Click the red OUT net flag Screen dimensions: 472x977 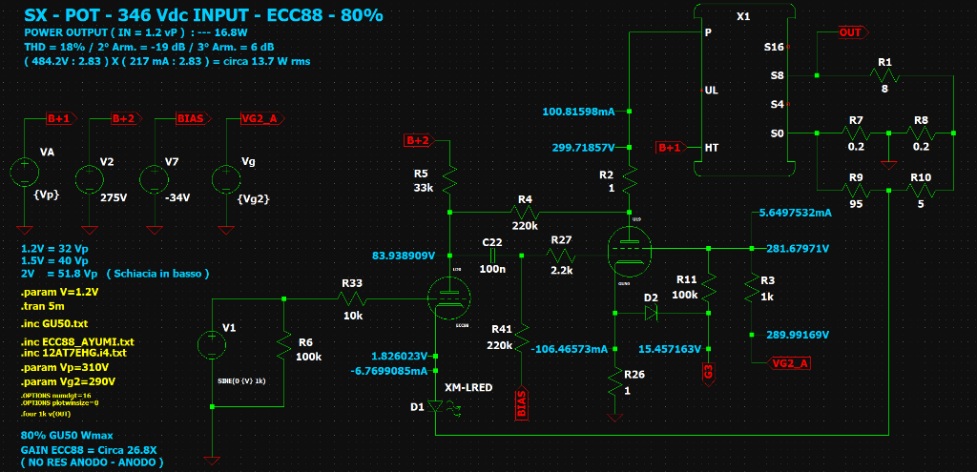point(849,32)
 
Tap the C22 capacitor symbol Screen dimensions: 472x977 point(492,255)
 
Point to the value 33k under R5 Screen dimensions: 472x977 point(424,188)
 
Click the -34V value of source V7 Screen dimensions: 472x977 point(177,197)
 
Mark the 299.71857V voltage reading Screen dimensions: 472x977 point(582,148)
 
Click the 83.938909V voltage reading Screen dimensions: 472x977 point(404,256)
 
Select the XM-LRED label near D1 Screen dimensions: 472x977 point(468,388)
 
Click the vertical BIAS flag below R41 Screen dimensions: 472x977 point(521,404)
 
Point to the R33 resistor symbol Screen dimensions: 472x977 point(351,298)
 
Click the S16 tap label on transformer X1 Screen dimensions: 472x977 point(774,46)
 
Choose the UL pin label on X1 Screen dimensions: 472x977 point(711,91)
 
